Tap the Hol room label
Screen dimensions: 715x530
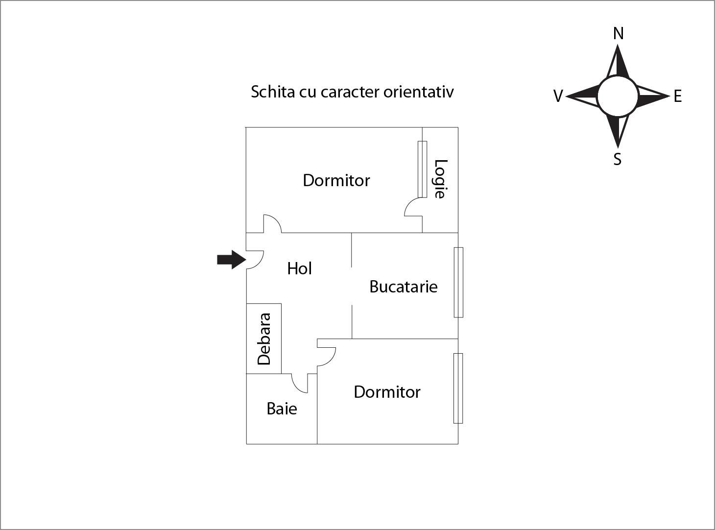click(x=300, y=269)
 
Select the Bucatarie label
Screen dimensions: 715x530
click(x=403, y=287)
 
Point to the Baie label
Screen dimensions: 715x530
click(x=282, y=409)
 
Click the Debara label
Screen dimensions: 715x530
click(x=264, y=338)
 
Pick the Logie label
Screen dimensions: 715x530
click(x=440, y=179)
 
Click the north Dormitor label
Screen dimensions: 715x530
click(x=336, y=180)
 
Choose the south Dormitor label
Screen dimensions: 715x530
click(x=387, y=392)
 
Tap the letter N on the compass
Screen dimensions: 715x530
click(x=619, y=33)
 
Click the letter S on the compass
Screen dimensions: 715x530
click(x=618, y=159)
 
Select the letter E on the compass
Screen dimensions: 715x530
click(x=678, y=96)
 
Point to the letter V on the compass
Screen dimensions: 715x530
click(x=558, y=96)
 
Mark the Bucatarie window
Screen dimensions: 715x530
click(x=458, y=282)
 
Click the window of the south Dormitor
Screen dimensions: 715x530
click(x=458, y=388)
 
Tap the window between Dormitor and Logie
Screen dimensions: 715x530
click(x=422, y=169)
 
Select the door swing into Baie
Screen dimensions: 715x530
click(x=297, y=387)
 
